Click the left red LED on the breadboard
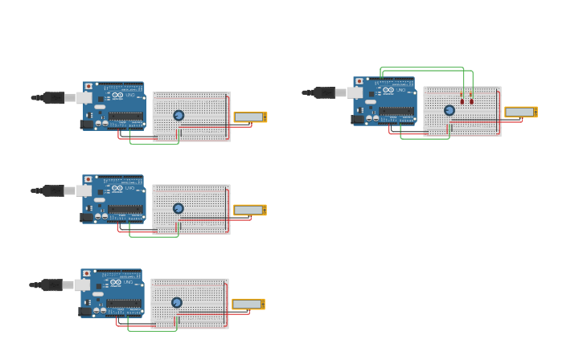coord(462,101)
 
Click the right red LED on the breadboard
coord(471,101)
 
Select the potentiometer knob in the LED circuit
coord(450,110)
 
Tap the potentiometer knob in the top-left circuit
coord(179,115)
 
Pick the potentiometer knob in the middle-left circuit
coord(179,208)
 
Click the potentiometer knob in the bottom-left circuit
coord(177,302)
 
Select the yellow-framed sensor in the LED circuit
coord(520,112)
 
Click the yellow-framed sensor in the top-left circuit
coord(249,117)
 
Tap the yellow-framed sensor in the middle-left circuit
coord(249,210)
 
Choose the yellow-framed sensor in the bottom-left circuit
coord(248,304)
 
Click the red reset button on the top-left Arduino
coord(88,86)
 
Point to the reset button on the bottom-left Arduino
coord(87,274)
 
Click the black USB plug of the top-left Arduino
coord(54,98)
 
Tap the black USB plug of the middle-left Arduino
coord(54,191)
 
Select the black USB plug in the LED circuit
coord(325,93)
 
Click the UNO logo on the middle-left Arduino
coord(129,188)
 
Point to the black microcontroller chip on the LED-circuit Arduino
coord(397,112)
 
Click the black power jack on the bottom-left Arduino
coord(85,311)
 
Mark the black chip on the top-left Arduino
coord(126,117)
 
